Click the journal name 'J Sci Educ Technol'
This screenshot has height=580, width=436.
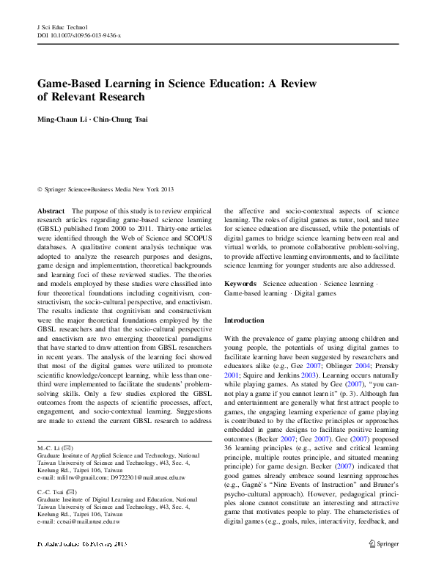[x=62, y=26]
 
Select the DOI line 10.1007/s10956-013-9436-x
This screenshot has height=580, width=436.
[x=79, y=35]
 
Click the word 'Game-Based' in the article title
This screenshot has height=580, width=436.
[x=70, y=84]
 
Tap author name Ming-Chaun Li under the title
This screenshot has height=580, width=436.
[x=64, y=120]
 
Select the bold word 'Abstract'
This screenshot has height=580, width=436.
[x=51, y=210]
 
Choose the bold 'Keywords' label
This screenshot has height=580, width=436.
[x=240, y=283]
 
